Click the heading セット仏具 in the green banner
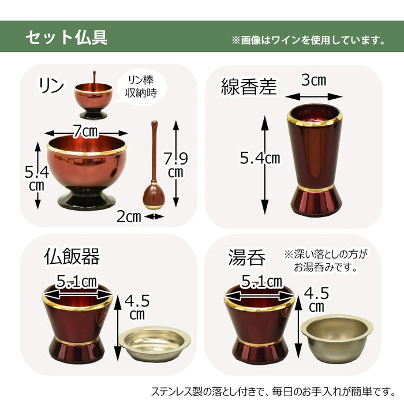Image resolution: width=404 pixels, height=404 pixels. pos(66,38)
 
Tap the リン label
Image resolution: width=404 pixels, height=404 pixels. pos(51,85)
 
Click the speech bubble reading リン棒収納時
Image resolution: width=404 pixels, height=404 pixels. pos(141,87)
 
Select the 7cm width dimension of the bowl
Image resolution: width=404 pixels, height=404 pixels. pos(86,132)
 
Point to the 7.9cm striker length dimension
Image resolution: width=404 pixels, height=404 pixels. pos(176,165)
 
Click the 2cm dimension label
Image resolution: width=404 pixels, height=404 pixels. pos(129,216)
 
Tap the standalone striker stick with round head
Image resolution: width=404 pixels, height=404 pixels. pos(154,165)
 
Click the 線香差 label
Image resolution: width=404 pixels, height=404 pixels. pos(249,87)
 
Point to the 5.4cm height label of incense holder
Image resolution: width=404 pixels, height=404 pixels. pos(260,158)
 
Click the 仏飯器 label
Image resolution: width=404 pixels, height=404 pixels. pos(72,256)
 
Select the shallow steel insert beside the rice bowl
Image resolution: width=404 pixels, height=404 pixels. pos(155,344)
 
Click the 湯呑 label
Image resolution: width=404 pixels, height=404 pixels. pos(247,257)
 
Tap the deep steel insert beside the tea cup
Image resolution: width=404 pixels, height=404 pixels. pos(337,339)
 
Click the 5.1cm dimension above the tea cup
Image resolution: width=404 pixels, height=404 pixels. pos(261,281)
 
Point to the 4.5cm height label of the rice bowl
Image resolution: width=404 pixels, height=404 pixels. pos(137,307)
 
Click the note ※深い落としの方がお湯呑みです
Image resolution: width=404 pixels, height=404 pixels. pos(326,261)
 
